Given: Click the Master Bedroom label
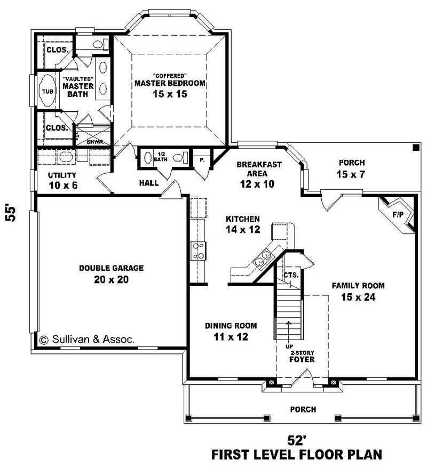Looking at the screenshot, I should click(x=170, y=84).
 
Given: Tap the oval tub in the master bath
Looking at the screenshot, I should click(x=48, y=91).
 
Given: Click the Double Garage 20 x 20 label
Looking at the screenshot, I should click(x=111, y=273).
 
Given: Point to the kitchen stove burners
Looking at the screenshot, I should click(x=199, y=250).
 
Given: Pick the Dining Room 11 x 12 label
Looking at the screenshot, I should click(x=231, y=330).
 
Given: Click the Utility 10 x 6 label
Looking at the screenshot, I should click(x=62, y=179).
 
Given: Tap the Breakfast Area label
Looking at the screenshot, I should click(x=259, y=173).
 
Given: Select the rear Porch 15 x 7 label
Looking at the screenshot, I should click(x=351, y=168).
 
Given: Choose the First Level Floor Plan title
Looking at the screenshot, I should click(x=297, y=455).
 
